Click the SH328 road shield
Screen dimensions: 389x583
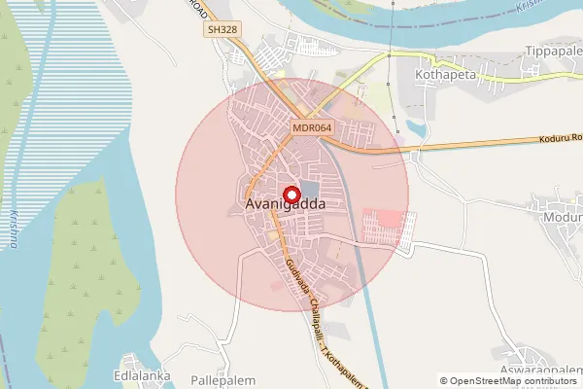223,31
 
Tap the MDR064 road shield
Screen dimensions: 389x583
310,127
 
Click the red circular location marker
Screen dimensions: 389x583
288,192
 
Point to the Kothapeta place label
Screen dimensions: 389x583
442,72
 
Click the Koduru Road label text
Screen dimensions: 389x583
560,140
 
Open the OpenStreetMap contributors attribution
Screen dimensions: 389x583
509,381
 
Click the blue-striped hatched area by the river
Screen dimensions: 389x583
78,107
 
